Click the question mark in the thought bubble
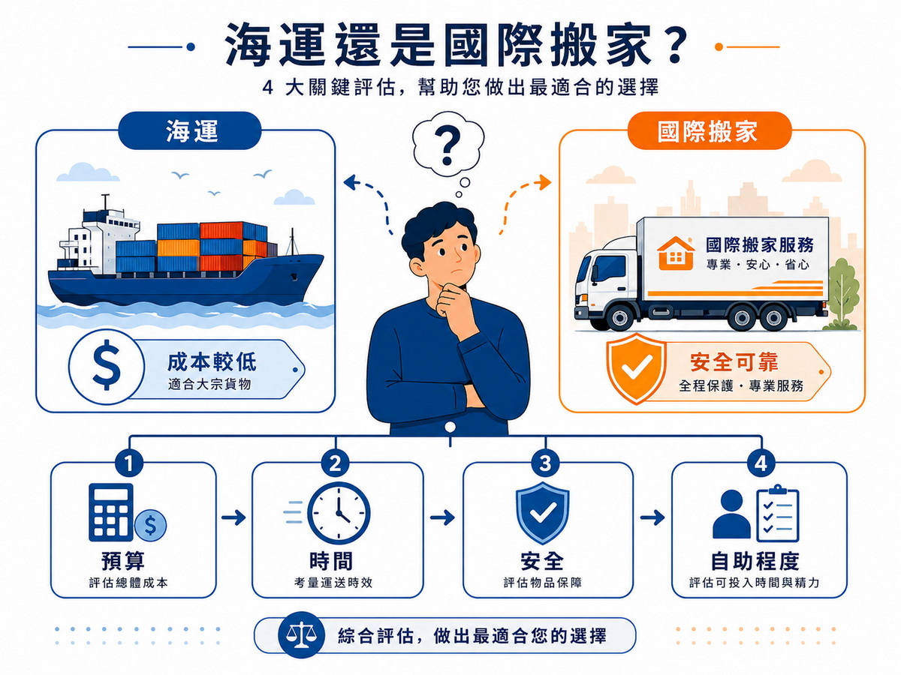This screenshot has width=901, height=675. tap(447, 145)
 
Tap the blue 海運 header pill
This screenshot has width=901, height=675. tap(190, 130)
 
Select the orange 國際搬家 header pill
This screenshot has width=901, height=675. tap(710, 130)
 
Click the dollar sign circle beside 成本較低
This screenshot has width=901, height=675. tap(107, 366)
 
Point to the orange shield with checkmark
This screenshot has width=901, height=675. tap(636, 368)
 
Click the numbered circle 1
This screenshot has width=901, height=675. tap(129, 463)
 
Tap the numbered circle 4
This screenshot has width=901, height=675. tap(761, 463)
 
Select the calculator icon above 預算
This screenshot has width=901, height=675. tap(111, 512)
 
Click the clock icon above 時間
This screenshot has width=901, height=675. tap(339, 513)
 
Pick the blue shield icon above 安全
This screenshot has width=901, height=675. tap(543, 513)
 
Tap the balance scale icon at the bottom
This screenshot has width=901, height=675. tap(302, 636)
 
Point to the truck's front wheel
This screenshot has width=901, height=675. tap(619, 316)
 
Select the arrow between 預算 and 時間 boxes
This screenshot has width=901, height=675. tap(234, 517)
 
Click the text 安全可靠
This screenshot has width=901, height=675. tap(734, 362)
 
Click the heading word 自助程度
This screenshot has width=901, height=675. tap(755, 562)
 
